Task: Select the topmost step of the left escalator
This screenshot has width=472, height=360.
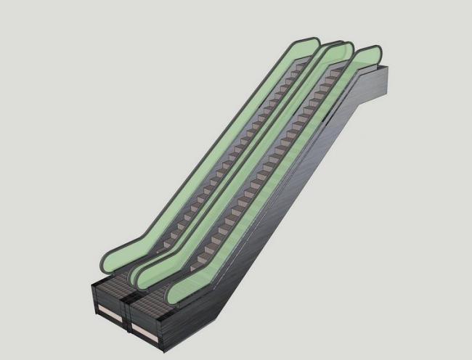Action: pyautogui.click(x=302, y=73)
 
